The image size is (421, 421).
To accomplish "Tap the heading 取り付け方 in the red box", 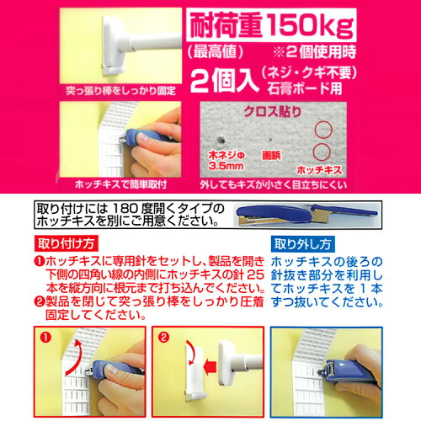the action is [x=67, y=243].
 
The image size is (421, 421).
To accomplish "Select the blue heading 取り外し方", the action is [x=302, y=244].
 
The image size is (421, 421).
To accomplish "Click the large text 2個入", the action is [x=224, y=81].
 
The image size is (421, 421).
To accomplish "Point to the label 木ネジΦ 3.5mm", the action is [x=226, y=161].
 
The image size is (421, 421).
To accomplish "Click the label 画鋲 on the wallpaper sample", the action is [x=271, y=155].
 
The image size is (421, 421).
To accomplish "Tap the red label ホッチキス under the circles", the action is [x=319, y=170].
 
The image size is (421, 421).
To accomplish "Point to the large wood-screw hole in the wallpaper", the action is [x=221, y=140].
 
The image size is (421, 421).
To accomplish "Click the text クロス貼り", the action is [x=272, y=112].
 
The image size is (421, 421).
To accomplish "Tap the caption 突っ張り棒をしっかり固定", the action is [x=120, y=91].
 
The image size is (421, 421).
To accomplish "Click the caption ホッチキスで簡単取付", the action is [x=121, y=184].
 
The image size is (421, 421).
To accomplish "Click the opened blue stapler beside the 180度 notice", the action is [x=307, y=215].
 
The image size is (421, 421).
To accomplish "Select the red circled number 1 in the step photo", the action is [x=45, y=338].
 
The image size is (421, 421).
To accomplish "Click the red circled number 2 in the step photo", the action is [x=163, y=338].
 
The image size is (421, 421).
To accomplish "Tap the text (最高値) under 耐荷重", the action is [x=215, y=52].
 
